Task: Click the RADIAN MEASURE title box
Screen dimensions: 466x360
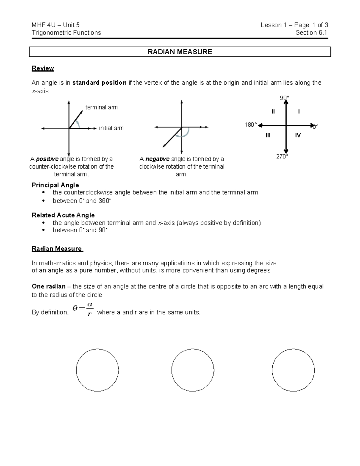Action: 180,52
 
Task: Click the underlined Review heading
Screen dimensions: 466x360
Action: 43,68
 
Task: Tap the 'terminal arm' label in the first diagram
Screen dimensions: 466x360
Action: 101,107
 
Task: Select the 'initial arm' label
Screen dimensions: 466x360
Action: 111,128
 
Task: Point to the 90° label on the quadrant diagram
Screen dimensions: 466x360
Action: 284,98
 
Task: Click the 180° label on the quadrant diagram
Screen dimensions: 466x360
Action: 251,125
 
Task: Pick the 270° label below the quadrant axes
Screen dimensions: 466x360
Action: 282,156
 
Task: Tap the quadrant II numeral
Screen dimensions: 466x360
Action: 273,112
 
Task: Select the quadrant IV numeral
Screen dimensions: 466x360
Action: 298,135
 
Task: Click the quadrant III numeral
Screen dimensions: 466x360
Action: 268,135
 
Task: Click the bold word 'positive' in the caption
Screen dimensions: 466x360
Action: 47,159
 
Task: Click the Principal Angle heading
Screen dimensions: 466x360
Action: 55,185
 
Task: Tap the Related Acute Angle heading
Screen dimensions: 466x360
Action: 63,215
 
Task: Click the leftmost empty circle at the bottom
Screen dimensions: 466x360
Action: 97,370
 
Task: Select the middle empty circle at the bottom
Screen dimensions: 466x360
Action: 193,370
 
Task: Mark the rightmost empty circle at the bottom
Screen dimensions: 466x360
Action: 293,370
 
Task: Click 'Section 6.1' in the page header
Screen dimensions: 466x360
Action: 311,33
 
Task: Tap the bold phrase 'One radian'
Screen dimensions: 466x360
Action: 49,286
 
